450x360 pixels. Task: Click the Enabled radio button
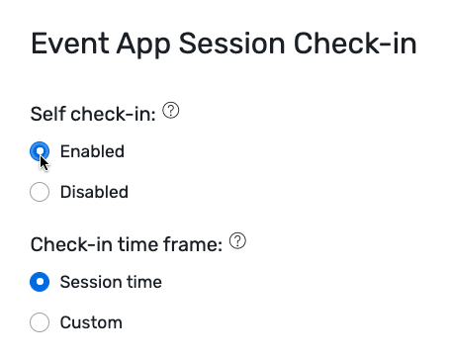[40, 151]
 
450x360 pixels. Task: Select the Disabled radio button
[40, 192]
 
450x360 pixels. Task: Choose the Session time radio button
[40, 282]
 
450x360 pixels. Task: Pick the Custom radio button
[40, 322]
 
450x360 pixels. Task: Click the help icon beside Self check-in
[171, 112]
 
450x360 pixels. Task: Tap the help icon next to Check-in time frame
[237, 241]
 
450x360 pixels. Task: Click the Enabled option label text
[92, 151]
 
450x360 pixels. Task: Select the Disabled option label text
[94, 192]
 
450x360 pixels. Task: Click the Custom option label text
[91, 322]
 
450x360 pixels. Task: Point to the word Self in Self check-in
[46, 115]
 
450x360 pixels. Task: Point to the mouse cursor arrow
[44, 160]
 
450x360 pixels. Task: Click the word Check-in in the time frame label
[68, 244]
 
